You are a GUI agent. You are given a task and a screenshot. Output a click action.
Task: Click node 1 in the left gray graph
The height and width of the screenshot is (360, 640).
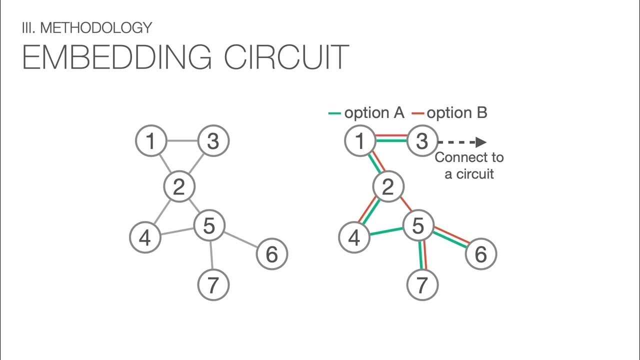point(150,141)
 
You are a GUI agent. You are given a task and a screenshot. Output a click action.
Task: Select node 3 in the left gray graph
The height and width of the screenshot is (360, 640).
point(213,141)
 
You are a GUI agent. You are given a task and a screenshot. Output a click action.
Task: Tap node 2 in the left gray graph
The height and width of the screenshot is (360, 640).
point(179,187)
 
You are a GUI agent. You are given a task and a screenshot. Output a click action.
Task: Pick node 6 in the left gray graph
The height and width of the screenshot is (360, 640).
point(271,254)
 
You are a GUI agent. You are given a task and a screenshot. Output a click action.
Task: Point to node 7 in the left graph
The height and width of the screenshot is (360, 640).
point(213,285)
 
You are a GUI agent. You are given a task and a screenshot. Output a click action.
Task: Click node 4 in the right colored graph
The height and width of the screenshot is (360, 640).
point(354,237)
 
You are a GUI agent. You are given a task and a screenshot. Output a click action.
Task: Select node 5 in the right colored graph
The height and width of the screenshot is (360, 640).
point(418,226)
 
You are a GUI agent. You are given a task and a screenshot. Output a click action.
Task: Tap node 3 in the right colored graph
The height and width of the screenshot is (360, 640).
point(422,141)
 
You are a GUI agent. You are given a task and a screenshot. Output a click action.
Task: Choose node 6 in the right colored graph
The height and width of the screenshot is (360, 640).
point(480,254)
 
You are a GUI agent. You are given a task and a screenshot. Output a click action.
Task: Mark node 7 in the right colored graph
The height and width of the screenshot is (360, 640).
point(422,285)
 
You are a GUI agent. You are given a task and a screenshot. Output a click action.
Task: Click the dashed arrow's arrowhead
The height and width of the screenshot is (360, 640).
point(481,142)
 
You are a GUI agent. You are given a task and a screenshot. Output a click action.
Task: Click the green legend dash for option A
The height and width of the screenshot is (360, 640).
point(334,113)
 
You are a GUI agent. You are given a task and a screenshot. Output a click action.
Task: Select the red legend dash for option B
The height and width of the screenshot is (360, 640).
point(417,113)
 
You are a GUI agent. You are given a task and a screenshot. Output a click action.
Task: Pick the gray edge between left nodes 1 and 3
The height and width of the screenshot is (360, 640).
point(182,141)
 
